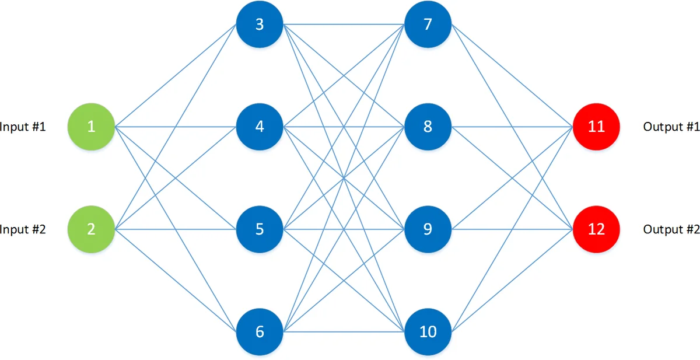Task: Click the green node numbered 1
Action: [91, 127]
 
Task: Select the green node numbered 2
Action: [91, 229]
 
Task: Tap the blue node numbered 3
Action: [260, 25]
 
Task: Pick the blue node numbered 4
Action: [260, 127]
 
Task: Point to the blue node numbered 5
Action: [260, 229]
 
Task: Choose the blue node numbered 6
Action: [260, 331]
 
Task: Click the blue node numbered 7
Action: [428, 25]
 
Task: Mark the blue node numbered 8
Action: [428, 127]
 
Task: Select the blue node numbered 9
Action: [428, 229]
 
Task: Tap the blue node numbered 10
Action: [428, 331]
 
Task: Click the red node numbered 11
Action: [596, 127]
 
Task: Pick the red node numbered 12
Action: [596, 229]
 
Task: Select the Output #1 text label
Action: [671, 127]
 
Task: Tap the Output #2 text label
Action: [671, 229]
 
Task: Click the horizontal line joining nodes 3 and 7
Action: [315, 25]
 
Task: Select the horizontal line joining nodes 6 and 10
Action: [315, 331]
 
